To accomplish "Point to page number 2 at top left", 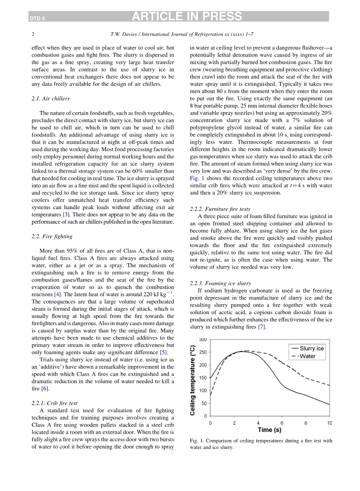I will click(33, 33).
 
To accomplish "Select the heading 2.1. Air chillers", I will click(51, 99).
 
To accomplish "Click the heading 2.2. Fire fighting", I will click(52, 236).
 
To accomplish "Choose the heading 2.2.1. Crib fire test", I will click(54, 403).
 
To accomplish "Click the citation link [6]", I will click(45, 389).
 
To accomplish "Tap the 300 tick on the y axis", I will click(203, 340).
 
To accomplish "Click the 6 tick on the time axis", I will click(282, 423).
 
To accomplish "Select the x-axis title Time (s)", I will click(269, 430).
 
